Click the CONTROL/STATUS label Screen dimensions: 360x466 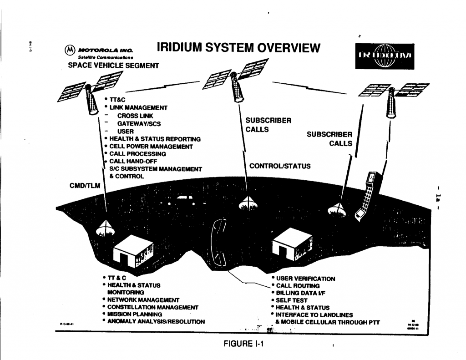tap(280, 166)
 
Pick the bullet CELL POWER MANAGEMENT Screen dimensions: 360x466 tap(150, 147)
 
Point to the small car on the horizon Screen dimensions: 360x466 tap(182, 198)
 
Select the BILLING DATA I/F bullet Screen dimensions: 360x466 tap(301, 293)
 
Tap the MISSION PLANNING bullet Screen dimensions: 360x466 tap(135, 314)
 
